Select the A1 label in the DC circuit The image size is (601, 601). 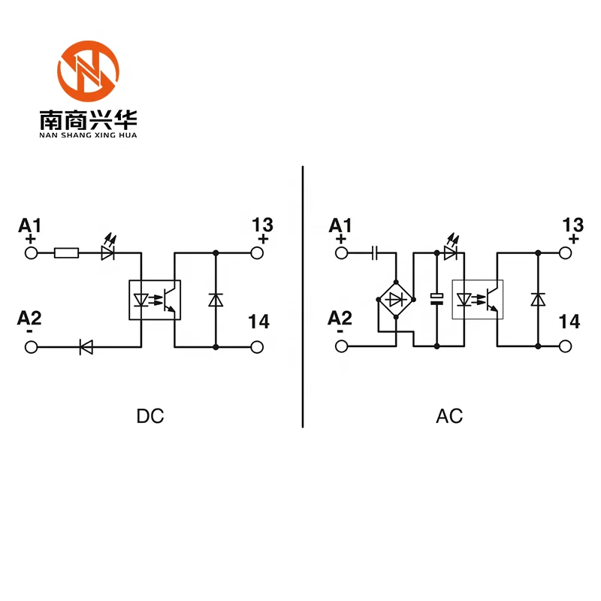tap(31, 225)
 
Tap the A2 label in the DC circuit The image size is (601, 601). tap(30, 319)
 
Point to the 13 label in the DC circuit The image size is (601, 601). tap(262, 225)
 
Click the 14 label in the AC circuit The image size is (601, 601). tap(570, 322)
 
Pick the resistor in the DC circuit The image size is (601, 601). tap(66, 253)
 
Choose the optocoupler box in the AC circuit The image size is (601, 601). tap(478, 300)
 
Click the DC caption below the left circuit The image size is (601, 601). tap(150, 415)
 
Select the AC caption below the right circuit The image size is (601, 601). tap(449, 415)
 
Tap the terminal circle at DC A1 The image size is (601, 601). tap(32, 253)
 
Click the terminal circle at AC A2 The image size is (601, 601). tap(342, 346)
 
